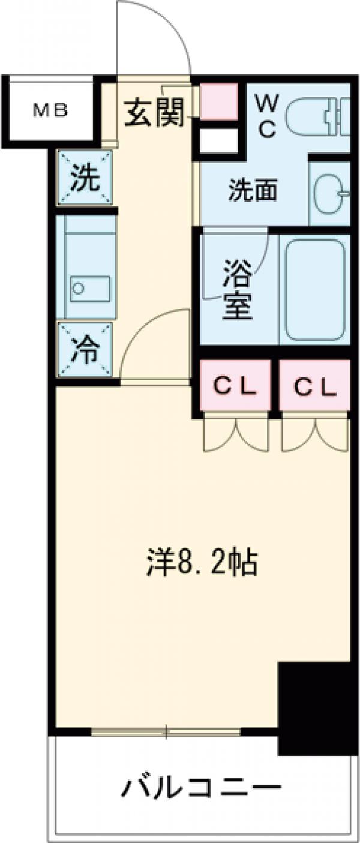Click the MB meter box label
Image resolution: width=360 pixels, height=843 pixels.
[50, 111]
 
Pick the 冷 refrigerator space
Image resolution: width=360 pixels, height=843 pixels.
[85, 351]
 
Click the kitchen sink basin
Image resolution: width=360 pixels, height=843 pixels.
[89, 288]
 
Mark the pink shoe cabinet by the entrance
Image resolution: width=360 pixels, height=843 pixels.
[219, 100]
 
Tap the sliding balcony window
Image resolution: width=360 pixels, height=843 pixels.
[166, 732]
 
